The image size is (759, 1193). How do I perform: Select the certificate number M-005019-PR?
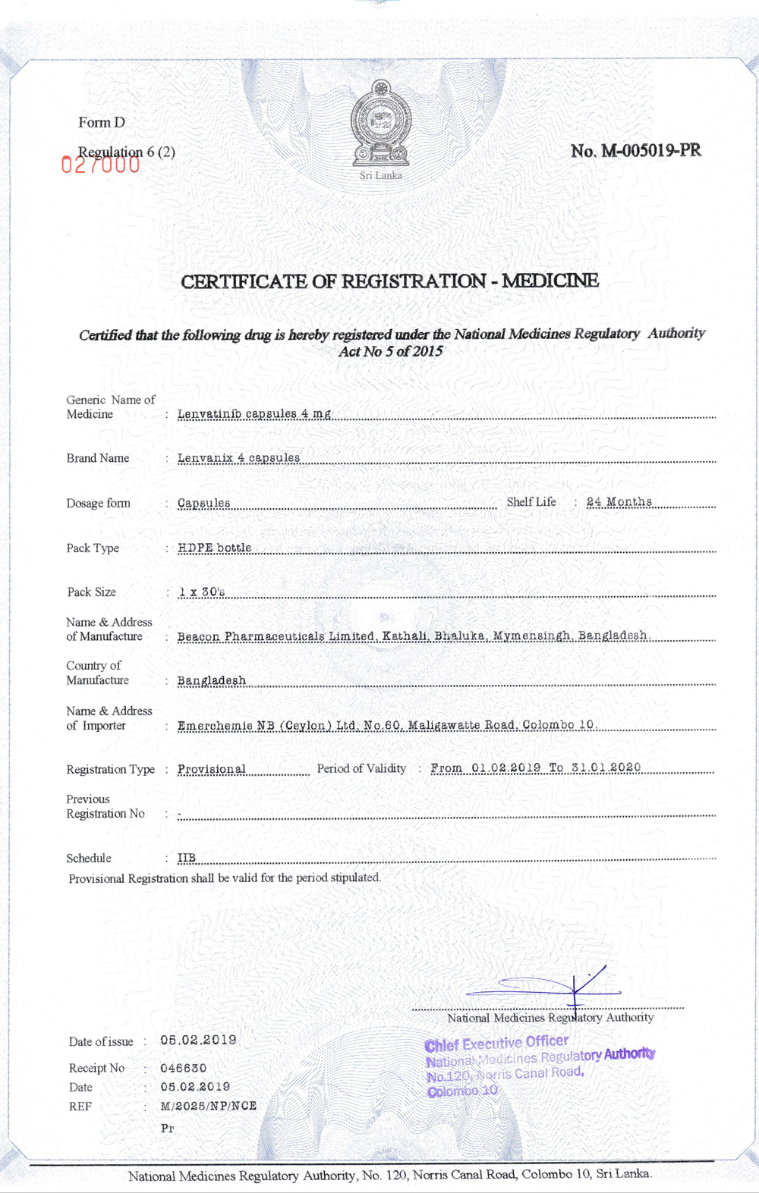pos(636,150)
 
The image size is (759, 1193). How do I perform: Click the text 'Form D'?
pos(102,122)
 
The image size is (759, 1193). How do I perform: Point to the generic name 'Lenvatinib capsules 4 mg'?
pos(254,413)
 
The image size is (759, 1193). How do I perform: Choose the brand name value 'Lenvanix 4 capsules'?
pos(238,457)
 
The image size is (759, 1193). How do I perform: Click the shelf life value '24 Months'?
pos(619,501)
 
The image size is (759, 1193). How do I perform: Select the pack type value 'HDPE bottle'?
pos(214,547)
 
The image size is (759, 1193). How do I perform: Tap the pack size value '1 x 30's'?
pos(201,592)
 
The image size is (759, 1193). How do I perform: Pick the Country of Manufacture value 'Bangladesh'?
pos(212,680)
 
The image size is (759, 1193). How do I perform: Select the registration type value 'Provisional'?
pos(212,769)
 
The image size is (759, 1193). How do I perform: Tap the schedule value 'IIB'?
pos(187,858)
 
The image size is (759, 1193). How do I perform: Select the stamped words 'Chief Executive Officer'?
pos(496,1043)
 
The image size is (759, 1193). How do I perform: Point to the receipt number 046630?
pos(183,1068)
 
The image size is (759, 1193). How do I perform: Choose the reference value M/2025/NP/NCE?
pos(208,1106)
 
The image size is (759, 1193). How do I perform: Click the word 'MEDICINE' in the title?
pos(550,281)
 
